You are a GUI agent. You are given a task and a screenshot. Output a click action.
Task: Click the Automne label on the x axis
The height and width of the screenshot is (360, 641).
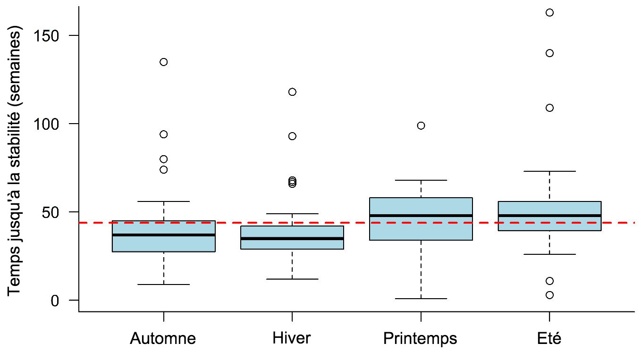click(163, 339)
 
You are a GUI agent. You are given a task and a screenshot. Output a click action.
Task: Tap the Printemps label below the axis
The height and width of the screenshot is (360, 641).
click(420, 339)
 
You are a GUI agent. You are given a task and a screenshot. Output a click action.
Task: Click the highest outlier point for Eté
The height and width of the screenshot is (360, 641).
click(549, 12)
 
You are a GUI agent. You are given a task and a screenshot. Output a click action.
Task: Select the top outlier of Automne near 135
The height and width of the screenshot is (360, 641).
click(163, 62)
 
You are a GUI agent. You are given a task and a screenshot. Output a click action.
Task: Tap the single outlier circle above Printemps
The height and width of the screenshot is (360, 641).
click(421, 126)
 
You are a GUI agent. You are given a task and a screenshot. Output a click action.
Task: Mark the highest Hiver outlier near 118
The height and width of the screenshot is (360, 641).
click(292, 92)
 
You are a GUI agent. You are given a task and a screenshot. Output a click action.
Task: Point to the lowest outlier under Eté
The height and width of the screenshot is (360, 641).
click(549, 295)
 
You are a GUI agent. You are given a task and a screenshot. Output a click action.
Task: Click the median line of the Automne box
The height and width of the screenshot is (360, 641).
click(163, 234)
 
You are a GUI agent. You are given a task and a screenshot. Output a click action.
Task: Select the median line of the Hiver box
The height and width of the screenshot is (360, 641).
click(292, 238)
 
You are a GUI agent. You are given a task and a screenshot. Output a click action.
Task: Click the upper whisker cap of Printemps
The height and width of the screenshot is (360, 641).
click(421, 180)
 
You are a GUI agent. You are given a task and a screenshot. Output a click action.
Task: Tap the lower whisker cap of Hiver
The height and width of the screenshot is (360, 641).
click(292, 279)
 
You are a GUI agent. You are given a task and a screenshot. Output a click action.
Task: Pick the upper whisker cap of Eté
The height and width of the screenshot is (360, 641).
click(549, 171)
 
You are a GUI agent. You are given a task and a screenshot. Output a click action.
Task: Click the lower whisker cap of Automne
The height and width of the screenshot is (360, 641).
click(163, 285)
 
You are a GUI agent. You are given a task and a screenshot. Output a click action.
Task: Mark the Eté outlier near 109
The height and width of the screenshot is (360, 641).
click(549, 108)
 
